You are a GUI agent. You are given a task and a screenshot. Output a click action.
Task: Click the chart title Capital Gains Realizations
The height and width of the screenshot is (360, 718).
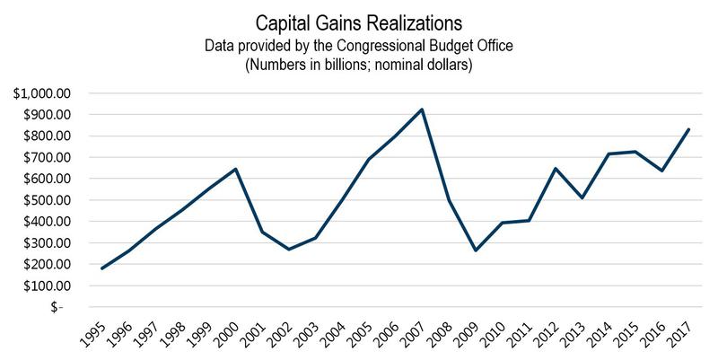(x=358, y=19)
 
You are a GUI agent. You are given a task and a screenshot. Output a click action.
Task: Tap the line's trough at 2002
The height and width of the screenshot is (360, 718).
(x=289, y=249)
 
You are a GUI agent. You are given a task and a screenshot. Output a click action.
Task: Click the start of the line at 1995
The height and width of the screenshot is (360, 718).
(x=102, y=268)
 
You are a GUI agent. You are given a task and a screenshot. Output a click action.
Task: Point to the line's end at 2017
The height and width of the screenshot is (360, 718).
(x=687, y=129)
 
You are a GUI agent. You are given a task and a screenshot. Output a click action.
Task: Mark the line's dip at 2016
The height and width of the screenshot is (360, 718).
(x=661, y=171)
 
